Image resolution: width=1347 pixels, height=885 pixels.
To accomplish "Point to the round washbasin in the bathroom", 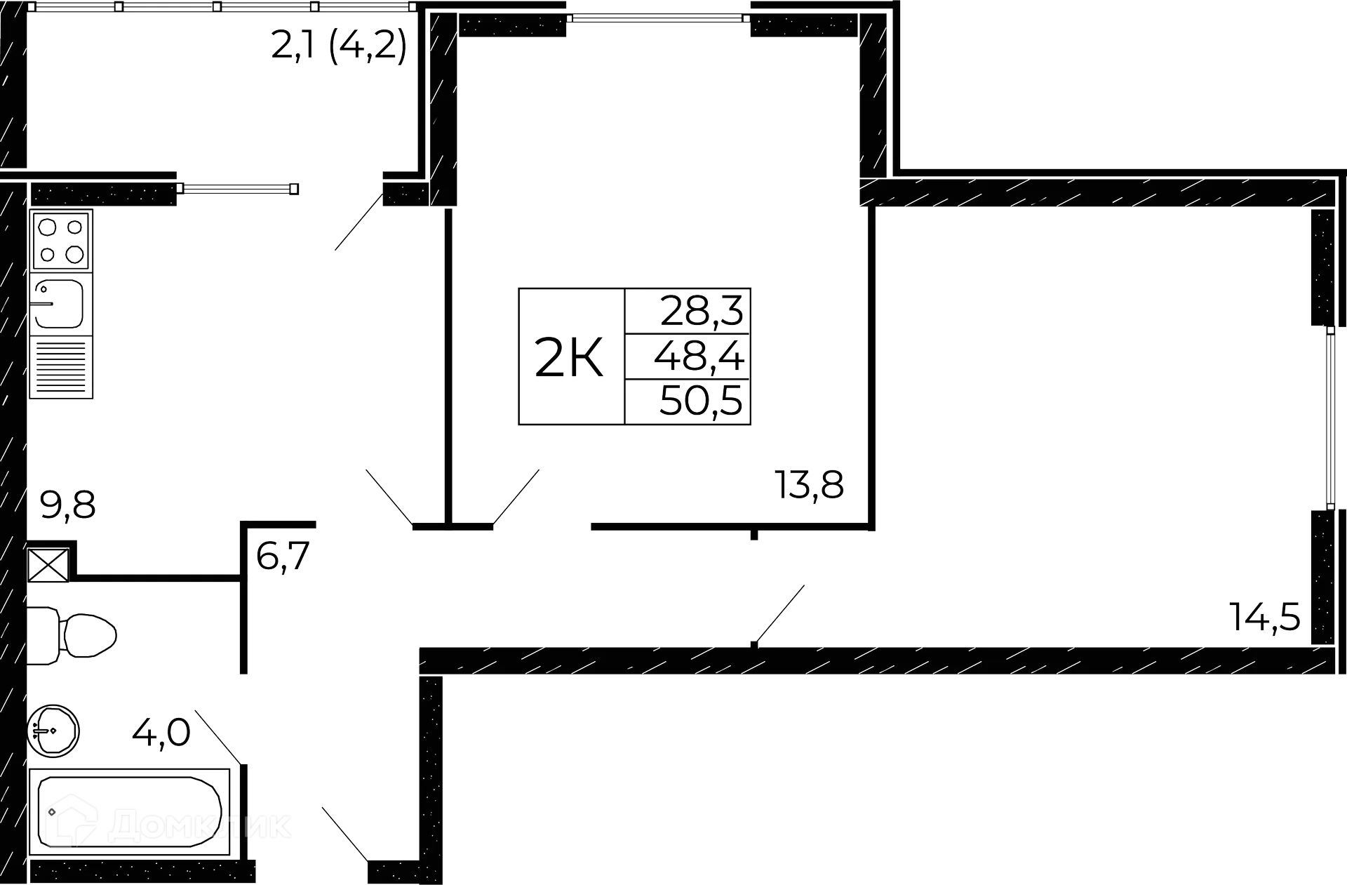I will coord(54,731).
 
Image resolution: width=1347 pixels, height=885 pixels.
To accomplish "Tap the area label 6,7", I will coord(283,558).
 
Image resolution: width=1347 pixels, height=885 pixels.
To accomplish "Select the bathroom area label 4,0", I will coord(161,735).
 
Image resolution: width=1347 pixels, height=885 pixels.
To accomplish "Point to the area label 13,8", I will coord(809,484).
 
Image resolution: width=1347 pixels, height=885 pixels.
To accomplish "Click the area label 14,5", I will coord(1265,617).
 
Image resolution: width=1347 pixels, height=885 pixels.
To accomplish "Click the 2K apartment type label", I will coord(568,357).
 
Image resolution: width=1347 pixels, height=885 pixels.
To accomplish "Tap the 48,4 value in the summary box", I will coord(699,357).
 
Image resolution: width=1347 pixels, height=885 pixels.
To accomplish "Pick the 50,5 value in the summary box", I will coord(700,402).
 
